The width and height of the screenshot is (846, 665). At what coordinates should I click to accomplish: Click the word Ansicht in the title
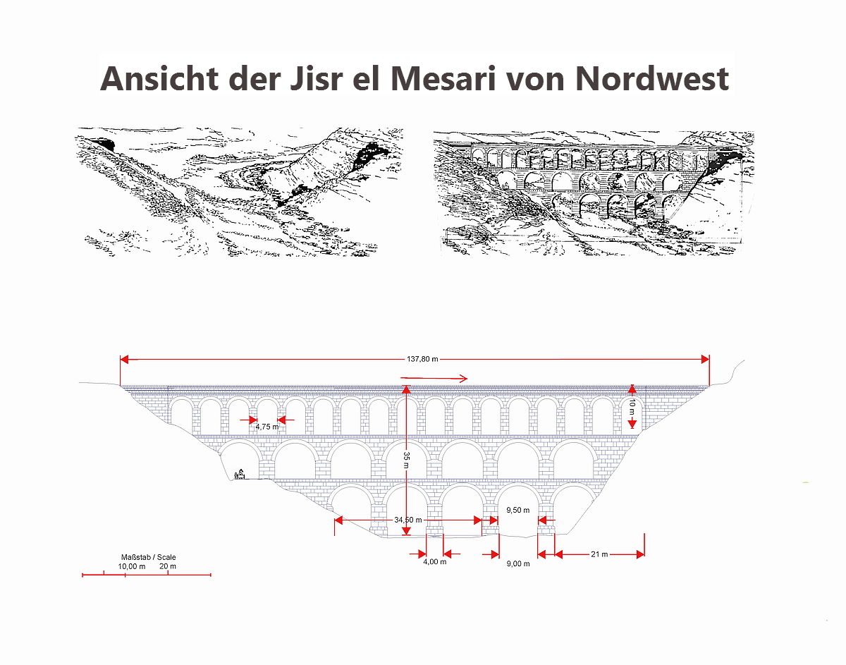159,79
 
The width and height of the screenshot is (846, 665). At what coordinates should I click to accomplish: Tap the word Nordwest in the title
651,79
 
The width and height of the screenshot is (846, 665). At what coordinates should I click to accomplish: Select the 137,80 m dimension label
422,359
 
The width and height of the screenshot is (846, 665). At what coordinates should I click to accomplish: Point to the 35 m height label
407,459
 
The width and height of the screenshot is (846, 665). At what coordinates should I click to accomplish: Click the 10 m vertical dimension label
632,406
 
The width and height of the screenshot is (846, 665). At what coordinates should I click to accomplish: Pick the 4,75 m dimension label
267,427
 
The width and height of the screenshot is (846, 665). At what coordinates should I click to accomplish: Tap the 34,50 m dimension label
408,520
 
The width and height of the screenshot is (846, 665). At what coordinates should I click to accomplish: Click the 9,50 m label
517,510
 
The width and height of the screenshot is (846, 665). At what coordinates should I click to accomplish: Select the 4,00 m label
435,562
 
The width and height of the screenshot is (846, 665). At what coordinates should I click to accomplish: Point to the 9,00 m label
518,563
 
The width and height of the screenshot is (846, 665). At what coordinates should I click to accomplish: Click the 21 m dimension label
599,554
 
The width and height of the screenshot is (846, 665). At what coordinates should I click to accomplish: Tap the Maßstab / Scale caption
148,557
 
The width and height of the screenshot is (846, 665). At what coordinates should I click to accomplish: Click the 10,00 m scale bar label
132,566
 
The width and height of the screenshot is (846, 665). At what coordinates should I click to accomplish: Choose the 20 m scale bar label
167,566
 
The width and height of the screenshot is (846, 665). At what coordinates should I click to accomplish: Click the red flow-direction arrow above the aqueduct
434,379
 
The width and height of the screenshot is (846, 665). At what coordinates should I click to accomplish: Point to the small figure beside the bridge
240,474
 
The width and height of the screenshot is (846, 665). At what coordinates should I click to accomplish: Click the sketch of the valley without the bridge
239,192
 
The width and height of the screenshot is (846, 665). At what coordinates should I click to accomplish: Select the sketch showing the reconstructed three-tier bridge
594,193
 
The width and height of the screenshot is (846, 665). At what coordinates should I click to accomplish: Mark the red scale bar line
147,575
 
